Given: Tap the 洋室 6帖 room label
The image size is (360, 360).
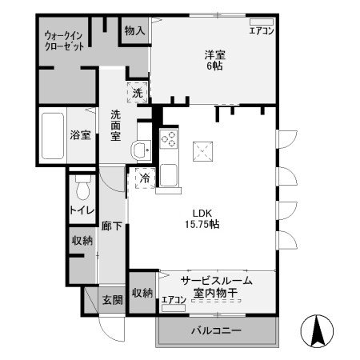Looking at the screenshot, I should pyautogui.click(x=214, y=61).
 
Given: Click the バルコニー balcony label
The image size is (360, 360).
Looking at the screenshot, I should pyautogui.click(x=215, y=330).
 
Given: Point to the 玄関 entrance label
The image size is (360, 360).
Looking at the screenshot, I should pyautogui.click(x=112, y=301).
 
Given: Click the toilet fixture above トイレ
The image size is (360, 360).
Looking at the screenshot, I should pyautogui.click(x=82, y=188).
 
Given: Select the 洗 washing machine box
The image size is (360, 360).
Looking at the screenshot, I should pyautogui.click(x=138, y=92).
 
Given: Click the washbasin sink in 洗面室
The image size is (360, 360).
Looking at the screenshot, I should pyautogui.click(x=142, y=149).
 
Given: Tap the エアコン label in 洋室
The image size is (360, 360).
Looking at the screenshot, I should pyautogui.click(x=262, y=31).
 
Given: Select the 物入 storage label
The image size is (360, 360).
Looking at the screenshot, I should pyautogui.click(x=134, y=31).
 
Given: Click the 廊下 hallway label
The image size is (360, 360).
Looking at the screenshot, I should pyautogui.click(x=112, y=227).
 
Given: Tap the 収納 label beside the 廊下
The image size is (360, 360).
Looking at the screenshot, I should pyautogui.click(x=82, y=240).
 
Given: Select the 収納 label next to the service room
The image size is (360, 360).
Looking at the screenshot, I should pyautogui.click(x=142, y=293).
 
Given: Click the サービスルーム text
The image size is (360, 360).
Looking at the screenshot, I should pyautogui.click(x=216, y=281).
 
